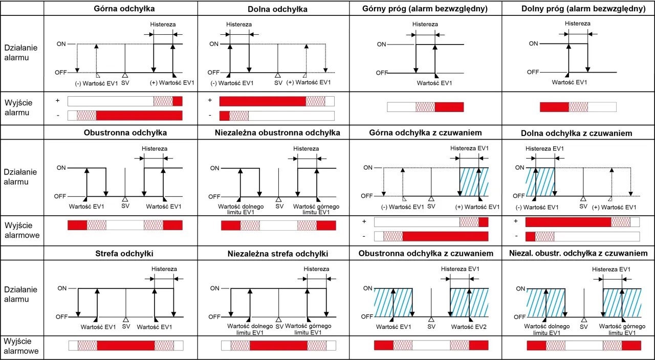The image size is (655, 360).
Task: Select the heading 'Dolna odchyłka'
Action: pos(277,9)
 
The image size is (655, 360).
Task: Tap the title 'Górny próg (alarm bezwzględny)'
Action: pos(424,9)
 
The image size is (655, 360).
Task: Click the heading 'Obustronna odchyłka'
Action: pos(125,132)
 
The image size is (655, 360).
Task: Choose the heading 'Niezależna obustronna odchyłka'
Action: pos(277,133)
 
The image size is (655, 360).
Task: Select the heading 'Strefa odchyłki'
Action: pos(124,253)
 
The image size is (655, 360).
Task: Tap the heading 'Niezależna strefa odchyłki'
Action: pos(278,254)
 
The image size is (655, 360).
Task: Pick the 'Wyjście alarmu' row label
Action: pos(17,107)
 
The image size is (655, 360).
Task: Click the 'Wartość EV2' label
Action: pos(467,326)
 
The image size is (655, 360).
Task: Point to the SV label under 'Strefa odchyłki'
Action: pos(126,326)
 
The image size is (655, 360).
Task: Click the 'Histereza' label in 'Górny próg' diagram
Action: pos(425,24)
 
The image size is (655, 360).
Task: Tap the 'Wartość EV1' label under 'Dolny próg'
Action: pos(569,82)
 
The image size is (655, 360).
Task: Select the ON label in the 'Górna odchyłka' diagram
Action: pos(61,44)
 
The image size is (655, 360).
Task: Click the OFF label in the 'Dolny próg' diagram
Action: pos(533,72)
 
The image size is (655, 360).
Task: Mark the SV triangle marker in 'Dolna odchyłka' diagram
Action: pos(278,75)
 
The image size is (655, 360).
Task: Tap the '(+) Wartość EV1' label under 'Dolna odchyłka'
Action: pos(309,82)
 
